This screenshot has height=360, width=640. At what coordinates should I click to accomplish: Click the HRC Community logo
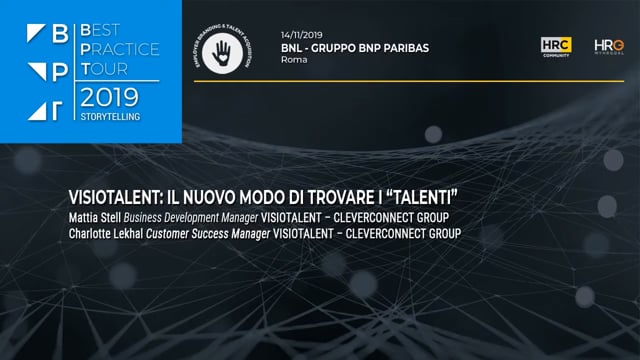556,46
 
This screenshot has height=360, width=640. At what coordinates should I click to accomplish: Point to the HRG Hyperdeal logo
608,46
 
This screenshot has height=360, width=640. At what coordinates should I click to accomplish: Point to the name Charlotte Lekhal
112,233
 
